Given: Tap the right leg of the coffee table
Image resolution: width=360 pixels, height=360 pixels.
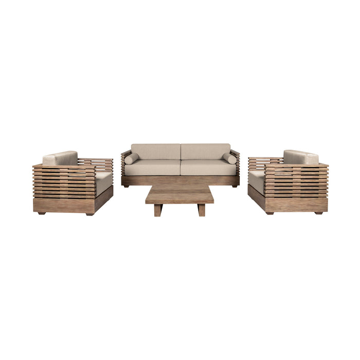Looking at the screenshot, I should pos(201,210).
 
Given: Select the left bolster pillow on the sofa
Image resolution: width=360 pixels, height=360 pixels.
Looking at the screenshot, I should pos(131,159).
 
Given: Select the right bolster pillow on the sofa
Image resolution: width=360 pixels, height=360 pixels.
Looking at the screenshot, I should pos(229,158).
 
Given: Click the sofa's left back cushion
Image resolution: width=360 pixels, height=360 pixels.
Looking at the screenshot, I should pos(156,151).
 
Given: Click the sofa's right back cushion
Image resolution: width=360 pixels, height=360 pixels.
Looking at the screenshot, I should pos(205,151).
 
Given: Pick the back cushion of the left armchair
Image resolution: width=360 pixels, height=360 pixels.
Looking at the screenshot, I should pos(60,158).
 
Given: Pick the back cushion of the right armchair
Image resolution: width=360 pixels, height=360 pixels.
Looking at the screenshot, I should pos(300,157).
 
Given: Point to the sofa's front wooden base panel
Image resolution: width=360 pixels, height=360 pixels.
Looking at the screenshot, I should pos(180,181).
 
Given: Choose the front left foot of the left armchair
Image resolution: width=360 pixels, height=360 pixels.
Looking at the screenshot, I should pos(41,213).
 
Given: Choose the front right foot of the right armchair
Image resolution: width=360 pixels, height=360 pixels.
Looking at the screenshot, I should pos(319,213).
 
